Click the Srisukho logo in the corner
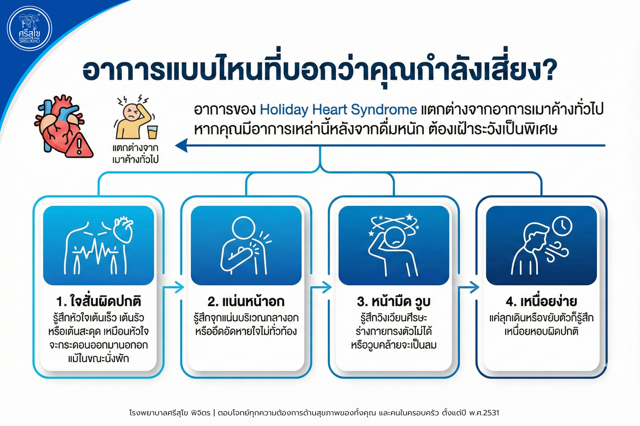(29, 28)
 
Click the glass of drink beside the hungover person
(152, 132)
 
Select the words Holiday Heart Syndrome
(338, 110)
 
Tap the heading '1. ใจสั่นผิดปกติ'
(98, 301)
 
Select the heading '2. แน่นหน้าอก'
(246, 301)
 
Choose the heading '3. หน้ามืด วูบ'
(394, 301)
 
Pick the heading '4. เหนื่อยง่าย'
(541, 301)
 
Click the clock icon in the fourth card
(562, 226)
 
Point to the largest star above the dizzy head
(409, 217)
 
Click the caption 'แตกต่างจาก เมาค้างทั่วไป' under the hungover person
(135, 154)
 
